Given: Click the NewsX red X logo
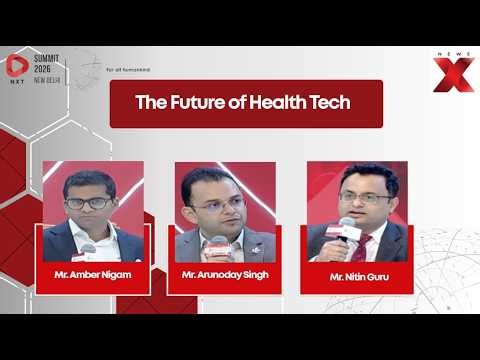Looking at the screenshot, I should tap(451, 72).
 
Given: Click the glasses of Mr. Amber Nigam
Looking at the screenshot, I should tap(88, 202).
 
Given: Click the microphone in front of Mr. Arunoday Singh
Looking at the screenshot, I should tap(217, 243).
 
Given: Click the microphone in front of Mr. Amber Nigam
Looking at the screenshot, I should tap(88, 248).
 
